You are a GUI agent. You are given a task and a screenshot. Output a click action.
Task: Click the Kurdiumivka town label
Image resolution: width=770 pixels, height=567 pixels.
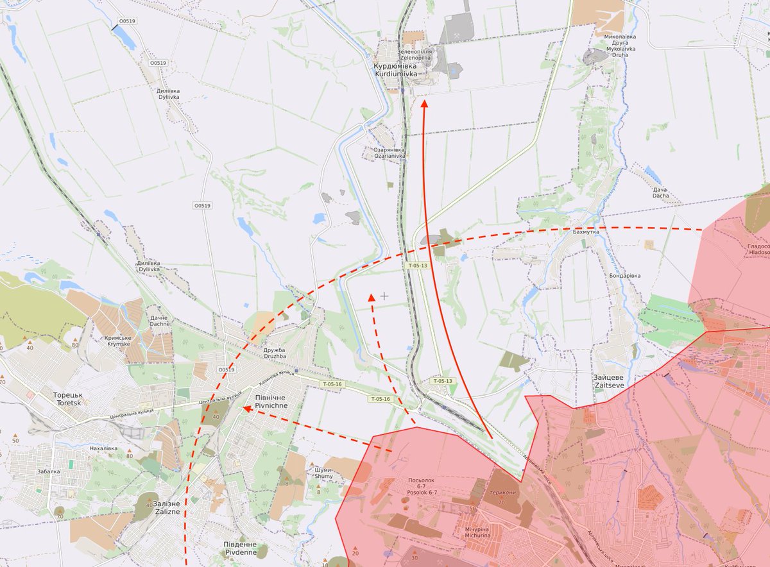395,70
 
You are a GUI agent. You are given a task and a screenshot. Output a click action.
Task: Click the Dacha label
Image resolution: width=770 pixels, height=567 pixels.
660,192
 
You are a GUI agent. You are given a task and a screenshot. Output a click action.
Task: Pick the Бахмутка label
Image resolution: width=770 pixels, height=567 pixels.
586,232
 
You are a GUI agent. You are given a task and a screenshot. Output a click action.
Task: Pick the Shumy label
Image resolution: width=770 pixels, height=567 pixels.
323,473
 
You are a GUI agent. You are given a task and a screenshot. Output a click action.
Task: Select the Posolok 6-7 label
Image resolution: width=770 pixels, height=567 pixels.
422,486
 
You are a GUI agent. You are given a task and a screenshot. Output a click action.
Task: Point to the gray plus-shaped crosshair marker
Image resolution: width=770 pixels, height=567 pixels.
384,296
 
